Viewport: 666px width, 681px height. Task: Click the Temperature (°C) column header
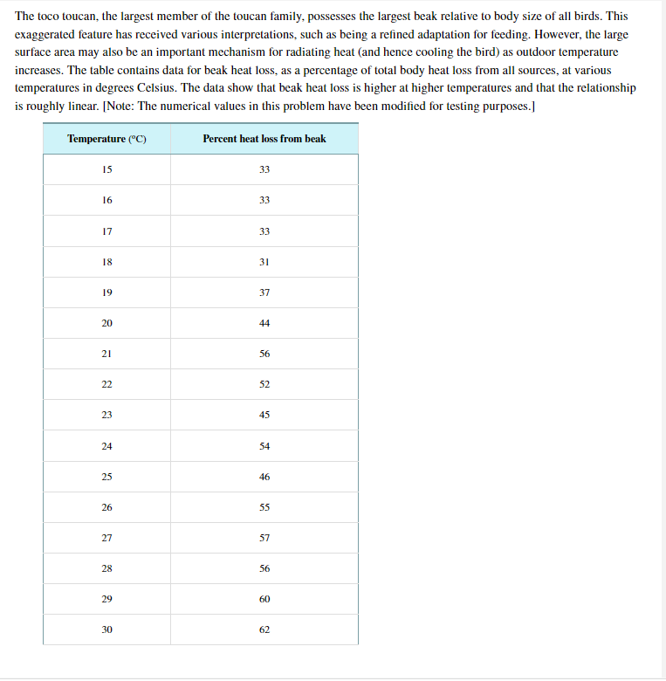[x=106, y=139]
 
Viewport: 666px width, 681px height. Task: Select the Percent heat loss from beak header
[x=264, y=139]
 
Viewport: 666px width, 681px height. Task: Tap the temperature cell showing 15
[x=106, y=169]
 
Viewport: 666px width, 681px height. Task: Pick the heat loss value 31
[x=264, y=262]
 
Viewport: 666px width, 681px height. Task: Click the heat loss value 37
[x=264, y=292]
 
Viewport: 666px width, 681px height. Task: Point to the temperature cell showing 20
[x=106, y=323]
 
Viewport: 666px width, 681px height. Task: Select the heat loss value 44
[x=264, y=323]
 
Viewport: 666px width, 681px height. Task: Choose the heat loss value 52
[x=264, y=384]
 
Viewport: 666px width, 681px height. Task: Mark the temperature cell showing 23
[x=106, y=415]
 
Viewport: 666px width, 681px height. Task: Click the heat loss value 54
[x=264, y=446]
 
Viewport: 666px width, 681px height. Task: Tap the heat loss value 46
[x=264, y=477]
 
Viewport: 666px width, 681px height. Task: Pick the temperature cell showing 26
[x=106, y=507]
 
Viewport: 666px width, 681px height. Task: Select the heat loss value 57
[x=264, y=538]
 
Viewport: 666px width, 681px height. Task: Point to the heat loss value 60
[x=264, y=599]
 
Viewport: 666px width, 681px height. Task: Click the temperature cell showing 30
[x=106, y=629]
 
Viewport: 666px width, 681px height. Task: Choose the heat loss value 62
[x=264, y=629]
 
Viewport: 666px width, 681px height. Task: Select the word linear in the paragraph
[x=82, y=106]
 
